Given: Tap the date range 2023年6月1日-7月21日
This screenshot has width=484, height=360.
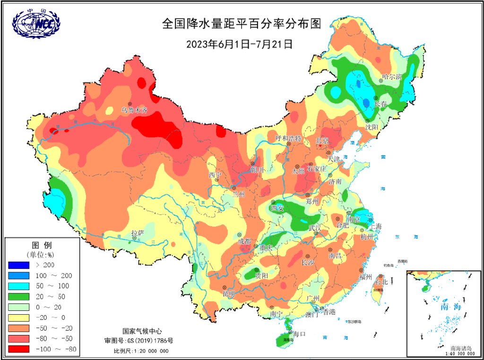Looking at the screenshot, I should click(x=240, y=44).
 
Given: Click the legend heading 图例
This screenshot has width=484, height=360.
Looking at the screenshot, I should click(x=41, y=246).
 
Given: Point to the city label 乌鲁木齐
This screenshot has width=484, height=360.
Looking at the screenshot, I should click(x=135, y=110).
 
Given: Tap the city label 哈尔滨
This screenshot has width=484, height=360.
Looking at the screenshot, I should click(x=392, y=77).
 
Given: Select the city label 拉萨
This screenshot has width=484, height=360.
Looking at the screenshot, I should click(x=138, y=233).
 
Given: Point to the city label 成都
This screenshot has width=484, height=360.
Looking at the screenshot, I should click(x=245, y=241).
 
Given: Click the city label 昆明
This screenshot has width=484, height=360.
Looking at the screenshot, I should click(x=229, y=293).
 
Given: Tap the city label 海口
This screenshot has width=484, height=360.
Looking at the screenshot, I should click(x=300, y=334).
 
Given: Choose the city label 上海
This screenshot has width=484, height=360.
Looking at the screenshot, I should click(x=376, y=226).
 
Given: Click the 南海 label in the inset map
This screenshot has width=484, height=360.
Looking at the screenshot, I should click(x=450, y=307).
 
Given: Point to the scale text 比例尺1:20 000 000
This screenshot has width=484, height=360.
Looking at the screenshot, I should click(x=141, y=351).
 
